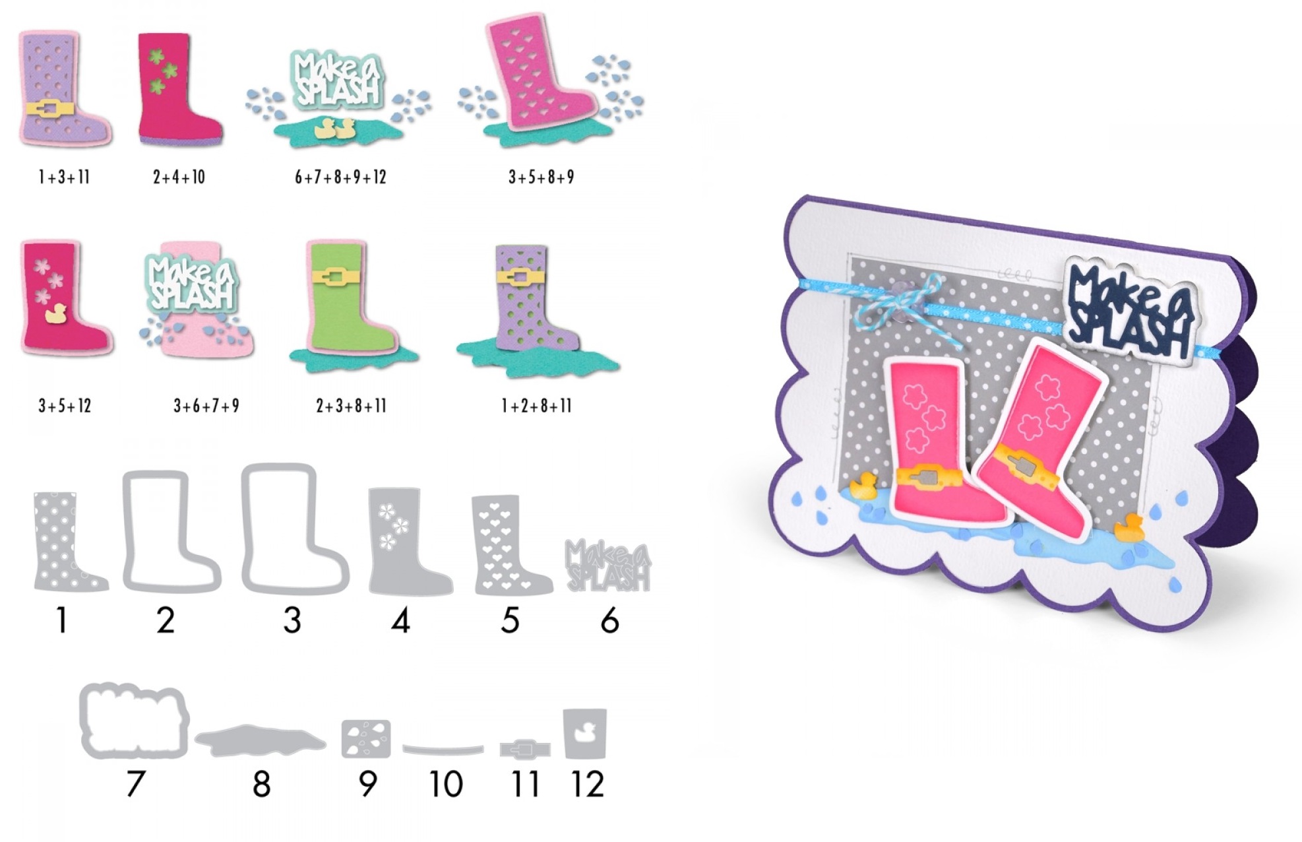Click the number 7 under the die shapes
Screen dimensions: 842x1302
click(x=135, y=784)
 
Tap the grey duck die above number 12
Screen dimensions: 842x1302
click(x=584, y=733)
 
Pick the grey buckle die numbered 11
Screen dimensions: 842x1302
click(x=524, y=750)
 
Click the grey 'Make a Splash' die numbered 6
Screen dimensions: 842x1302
click(x=607, y=566)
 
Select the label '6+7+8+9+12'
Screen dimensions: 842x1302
click(x=340, y=177)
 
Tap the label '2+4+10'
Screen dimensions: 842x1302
click(x=179, y=177)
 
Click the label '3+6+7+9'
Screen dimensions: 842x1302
click(x=206, y=406)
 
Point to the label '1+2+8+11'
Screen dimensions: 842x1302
click(x=536, y=406)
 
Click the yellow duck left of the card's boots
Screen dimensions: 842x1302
click(x=862, y=486)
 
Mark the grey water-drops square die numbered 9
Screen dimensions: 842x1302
click(x=366, y=738)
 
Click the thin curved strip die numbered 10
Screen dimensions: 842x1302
click(x=443, y=750)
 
